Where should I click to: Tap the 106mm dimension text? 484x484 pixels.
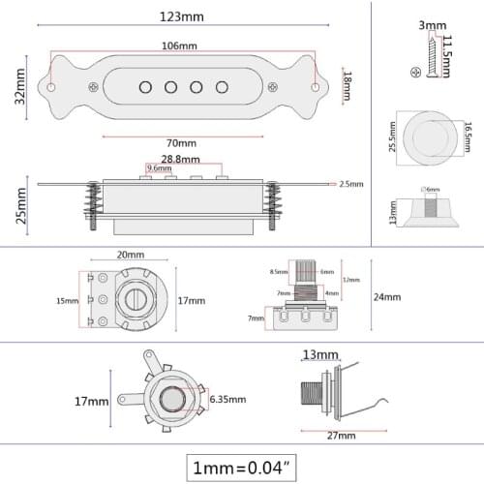pos(181,46)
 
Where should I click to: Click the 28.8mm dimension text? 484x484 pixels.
pos(181,159)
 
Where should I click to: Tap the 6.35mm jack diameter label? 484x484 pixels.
pos(228,399)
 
